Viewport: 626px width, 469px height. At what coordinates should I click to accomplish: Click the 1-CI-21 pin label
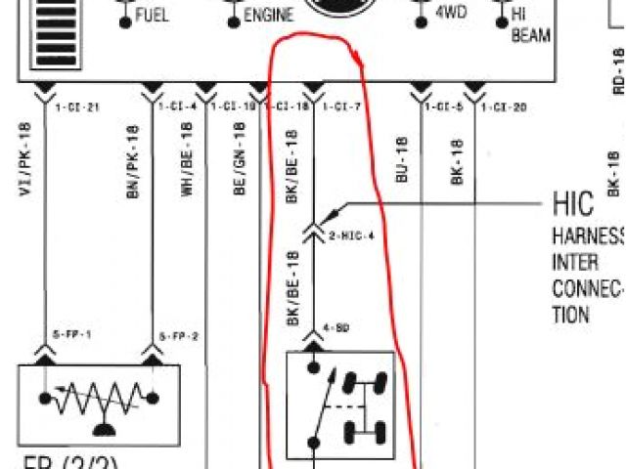77,106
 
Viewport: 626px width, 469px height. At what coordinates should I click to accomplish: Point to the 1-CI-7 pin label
341,106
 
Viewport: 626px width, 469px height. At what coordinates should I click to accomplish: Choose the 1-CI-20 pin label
505,106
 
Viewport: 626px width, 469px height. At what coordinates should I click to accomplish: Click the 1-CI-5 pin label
444,106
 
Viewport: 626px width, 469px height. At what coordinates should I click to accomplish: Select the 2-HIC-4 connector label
352,235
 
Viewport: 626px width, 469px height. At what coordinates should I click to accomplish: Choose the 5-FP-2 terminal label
178,336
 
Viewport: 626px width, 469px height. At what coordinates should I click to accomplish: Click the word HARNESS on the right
587,235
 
